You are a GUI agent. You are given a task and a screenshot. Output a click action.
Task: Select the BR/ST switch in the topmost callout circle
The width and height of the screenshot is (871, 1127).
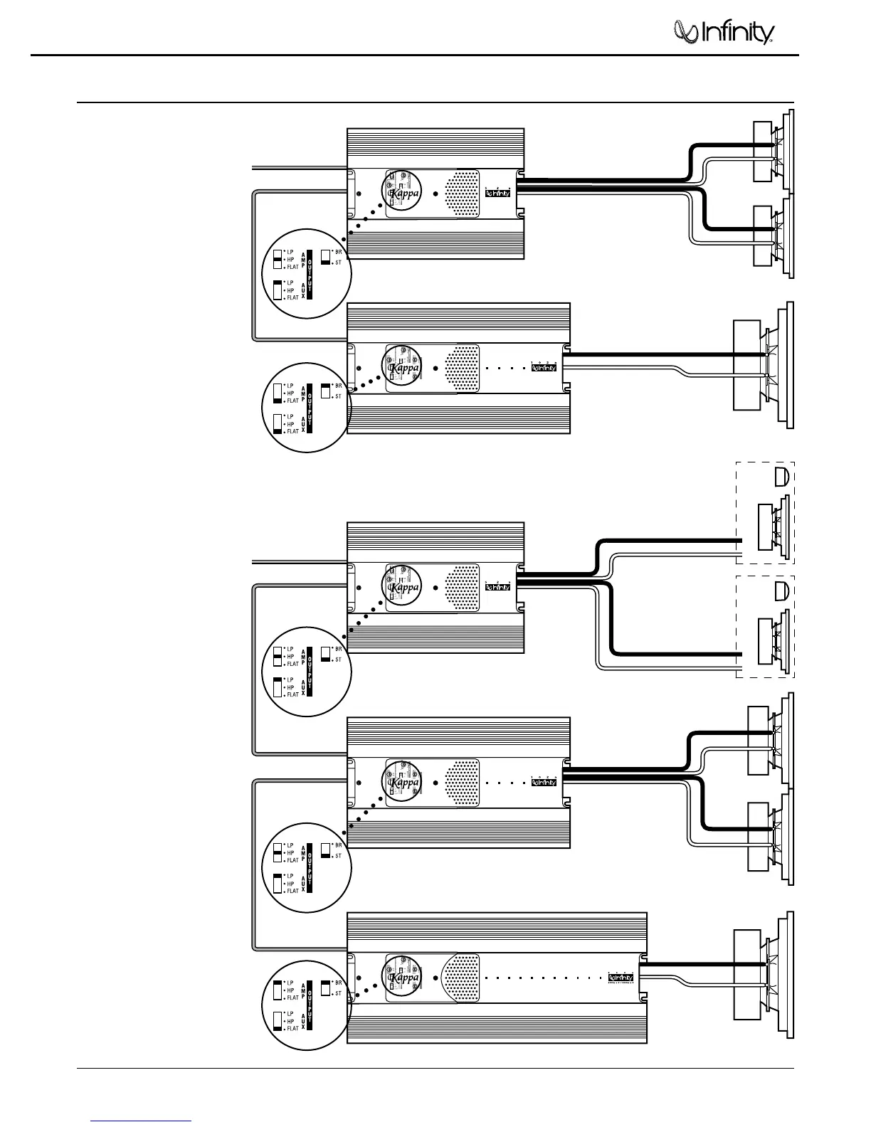coord(325,257)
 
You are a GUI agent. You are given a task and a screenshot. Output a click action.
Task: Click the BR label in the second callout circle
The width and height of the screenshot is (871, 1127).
coord(339,386)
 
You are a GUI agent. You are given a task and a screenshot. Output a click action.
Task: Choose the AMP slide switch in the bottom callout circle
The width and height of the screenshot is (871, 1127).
coord(278,990)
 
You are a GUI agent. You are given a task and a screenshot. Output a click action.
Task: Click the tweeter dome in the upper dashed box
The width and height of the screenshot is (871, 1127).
coord(781,477)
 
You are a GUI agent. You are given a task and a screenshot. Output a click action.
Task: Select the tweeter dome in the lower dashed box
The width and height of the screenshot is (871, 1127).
coord(781,590)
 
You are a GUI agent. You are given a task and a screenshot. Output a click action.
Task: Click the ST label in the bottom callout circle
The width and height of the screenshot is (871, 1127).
coord(339,993)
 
